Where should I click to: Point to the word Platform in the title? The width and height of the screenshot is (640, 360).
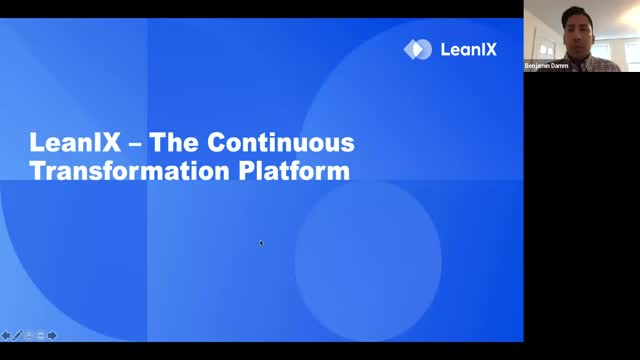click(x=294, y=171)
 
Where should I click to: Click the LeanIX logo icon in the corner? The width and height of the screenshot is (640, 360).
click(x=417, y=49)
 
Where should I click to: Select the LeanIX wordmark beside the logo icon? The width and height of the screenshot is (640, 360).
click(x=469, y=49)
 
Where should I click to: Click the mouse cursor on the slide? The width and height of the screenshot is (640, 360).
click(x=260, y=242)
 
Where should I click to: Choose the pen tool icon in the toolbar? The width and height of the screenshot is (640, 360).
click(x=17, y=335)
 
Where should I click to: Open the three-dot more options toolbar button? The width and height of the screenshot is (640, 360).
click(x=41, y=335)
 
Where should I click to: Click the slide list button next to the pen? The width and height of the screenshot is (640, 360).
click(x=29, y=335)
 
